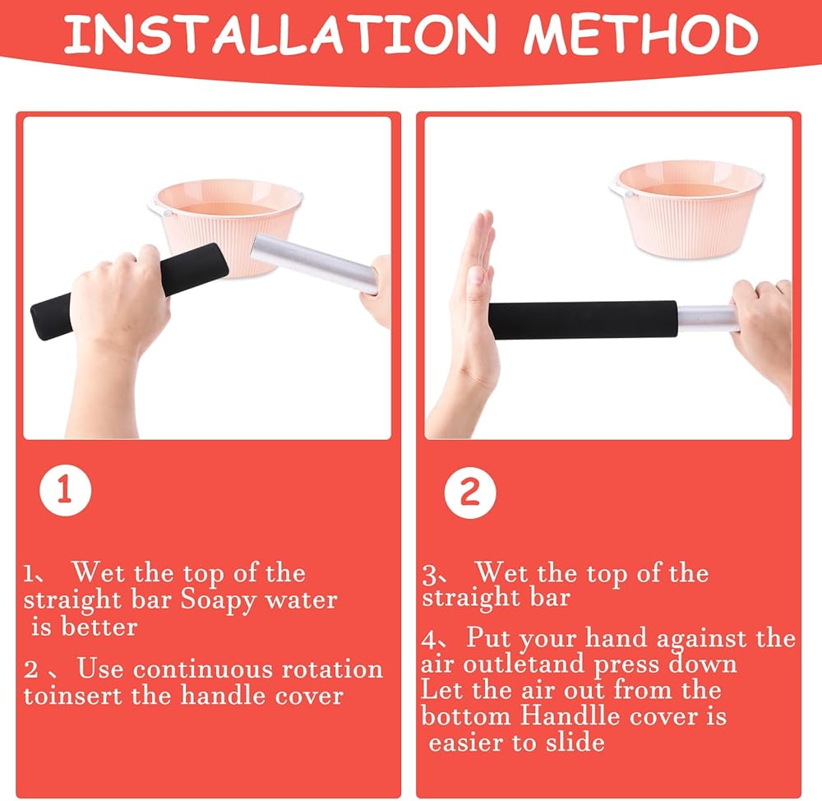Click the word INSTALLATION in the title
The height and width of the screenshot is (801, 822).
coord(280,34)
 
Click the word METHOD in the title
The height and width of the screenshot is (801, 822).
coord(641,34)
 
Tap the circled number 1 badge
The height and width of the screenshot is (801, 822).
coord(65,490)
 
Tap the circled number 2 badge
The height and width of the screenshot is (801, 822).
coord(470,493)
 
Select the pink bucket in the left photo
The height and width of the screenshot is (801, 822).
coord(225,220)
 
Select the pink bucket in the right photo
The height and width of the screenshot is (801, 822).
coord(687,209)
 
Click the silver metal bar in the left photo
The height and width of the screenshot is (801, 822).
coord(315,262)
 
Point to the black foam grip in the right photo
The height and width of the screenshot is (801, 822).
coord(583,320)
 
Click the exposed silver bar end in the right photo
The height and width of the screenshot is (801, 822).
coord(705,318)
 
